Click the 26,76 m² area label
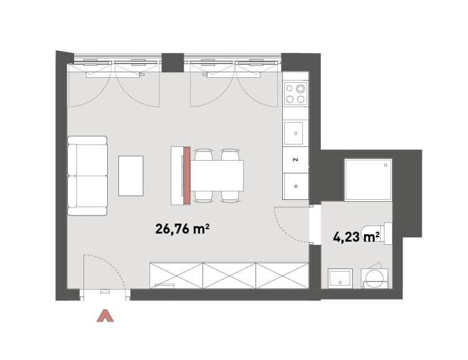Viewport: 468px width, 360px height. (x=182, y=229)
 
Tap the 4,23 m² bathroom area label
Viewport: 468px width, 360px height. (x=356, y=238)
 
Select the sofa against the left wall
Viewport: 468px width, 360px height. (x=87, y=176)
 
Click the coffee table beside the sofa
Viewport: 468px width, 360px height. (x=131, y=176)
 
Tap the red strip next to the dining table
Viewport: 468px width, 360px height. (x=187, y=176)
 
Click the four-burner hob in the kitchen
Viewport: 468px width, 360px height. (x=295, y=93)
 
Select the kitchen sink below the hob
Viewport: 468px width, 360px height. (x=294, y=133)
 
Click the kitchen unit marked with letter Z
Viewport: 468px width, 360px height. (x=295, y=160)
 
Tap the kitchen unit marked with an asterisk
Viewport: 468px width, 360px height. (x=295, y=186)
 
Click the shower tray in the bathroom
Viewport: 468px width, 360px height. (x=368, y=180)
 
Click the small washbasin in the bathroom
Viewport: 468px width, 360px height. (x=340, y=278)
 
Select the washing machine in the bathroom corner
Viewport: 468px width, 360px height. (x=375, y=278)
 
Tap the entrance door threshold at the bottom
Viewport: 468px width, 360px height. (x=105, y=295)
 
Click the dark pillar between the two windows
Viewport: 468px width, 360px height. (x=173, y=62)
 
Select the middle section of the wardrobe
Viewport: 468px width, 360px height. (x=229, y=275)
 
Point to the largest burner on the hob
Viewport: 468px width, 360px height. (x=300, y=88)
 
